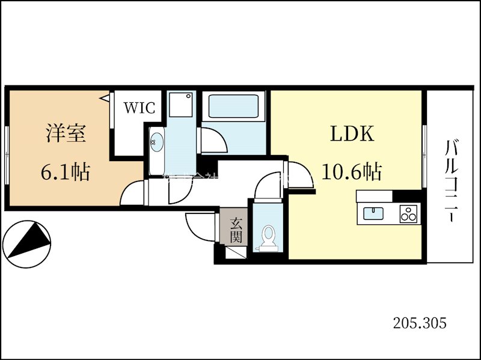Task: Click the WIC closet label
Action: (139, 109)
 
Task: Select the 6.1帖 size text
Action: (65, 172)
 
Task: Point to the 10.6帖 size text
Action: (352, 172)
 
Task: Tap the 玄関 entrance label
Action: (236, 230)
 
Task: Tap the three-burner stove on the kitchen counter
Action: (409, 213)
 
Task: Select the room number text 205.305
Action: (420, 323)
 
